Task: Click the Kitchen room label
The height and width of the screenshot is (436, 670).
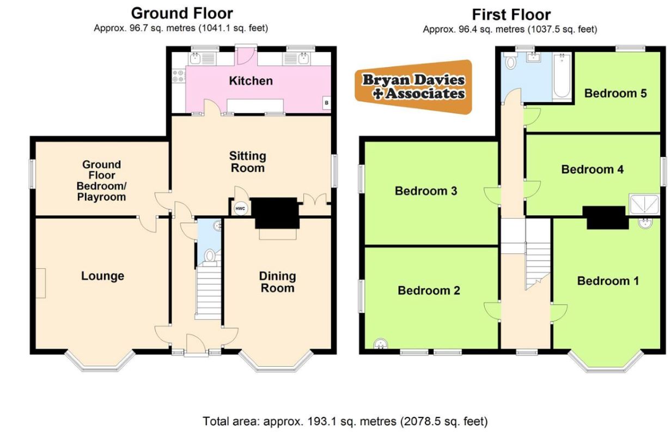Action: click(x=251, y=81)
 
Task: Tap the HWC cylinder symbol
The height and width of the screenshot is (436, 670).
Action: click(x=240, y=209)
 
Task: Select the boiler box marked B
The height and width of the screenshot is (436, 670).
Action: click(x=327, y=103)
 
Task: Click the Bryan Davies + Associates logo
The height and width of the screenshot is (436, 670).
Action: click(x=413, y=87)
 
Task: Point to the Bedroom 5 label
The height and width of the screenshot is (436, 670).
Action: click(x=616, y=93)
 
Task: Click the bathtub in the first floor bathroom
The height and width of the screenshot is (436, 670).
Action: click(x=562, y=77)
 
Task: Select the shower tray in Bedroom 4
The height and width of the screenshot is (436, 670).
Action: click(x=644, y=204)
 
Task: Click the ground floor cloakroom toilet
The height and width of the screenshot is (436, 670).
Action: click(x=210, y=257)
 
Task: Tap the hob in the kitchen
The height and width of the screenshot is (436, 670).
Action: click(x=179, y=76)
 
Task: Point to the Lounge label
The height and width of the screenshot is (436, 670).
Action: click(x=102, y=276)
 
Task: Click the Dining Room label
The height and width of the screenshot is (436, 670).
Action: click(x=278, y=282)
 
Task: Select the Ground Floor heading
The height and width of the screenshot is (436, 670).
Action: click(x=182, y=14)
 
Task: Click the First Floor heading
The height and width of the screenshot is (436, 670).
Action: click(x=511, y=14)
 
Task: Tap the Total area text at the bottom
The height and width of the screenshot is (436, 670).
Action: click(x=345, y=421)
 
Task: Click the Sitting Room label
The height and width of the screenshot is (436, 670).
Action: click(x=248, y=162)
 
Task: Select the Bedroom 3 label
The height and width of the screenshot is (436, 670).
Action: click(x=426, y=191)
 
